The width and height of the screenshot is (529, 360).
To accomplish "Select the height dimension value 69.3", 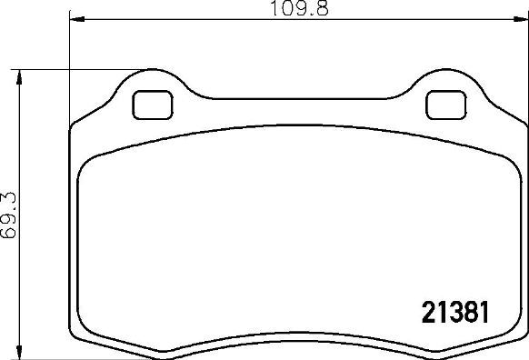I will (9, 214).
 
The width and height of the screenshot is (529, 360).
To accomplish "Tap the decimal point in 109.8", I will (309, 12).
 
